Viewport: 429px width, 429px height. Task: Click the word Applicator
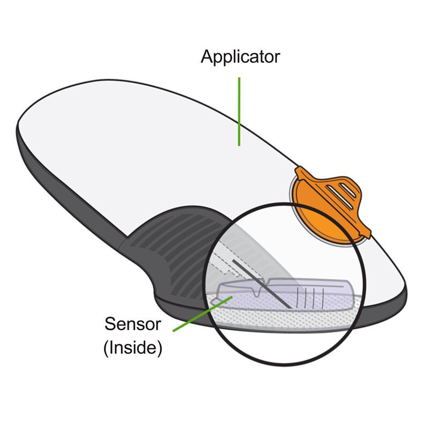[x=240, y=57]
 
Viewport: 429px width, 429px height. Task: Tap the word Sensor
[x=132, y=324]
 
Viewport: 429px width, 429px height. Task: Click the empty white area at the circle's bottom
[x=284, y=349]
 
